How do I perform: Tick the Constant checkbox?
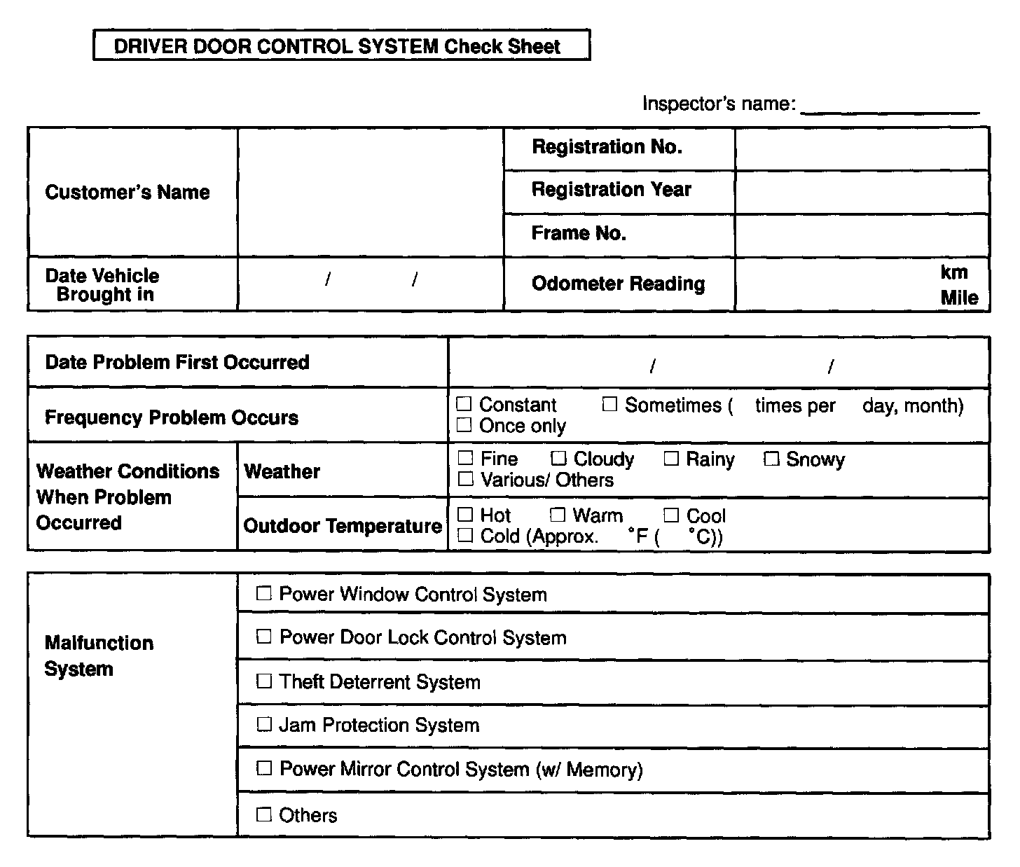pos(464,404)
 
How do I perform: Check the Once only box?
pos(464,424)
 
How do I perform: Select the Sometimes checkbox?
pos(609,404)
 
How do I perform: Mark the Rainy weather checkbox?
pos(671,459)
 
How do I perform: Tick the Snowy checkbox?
pos(771,459)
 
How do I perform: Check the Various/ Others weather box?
pos(465,479)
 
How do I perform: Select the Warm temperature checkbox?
pos(558,515)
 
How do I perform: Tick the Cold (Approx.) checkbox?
pos(465,536)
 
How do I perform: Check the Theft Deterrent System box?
pos(263,681)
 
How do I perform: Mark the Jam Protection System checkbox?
pos(263,724)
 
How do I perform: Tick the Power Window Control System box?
pos(263,594)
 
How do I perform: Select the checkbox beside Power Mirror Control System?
pos(263,768)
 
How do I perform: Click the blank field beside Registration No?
pos(862,148)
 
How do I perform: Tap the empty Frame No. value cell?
pos(862,235)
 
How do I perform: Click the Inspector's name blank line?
pos(890,105)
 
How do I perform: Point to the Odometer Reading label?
pos(618,284)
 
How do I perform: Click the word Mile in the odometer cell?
pos(959,298)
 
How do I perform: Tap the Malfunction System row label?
pos(99,656)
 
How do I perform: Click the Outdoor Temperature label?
pos(343,526)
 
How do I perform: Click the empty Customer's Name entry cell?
pos(371,192)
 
